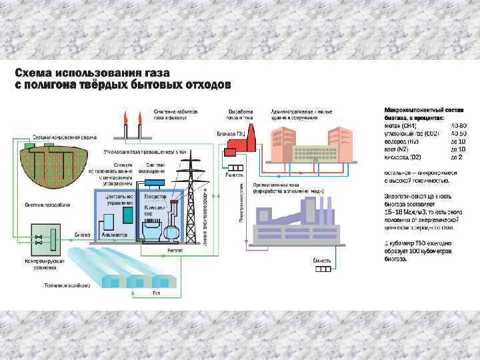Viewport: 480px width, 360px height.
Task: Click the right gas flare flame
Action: [x=139, y=119]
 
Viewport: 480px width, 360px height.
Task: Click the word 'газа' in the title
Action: [x=152, y=72]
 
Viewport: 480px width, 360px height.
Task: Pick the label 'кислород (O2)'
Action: [x=403, y=157]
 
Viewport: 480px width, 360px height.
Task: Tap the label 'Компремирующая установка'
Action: [x=43, y=263]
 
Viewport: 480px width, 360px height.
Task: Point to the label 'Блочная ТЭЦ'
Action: [x=231, y=133]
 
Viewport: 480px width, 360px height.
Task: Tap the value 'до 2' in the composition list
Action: [x=457, y=157]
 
